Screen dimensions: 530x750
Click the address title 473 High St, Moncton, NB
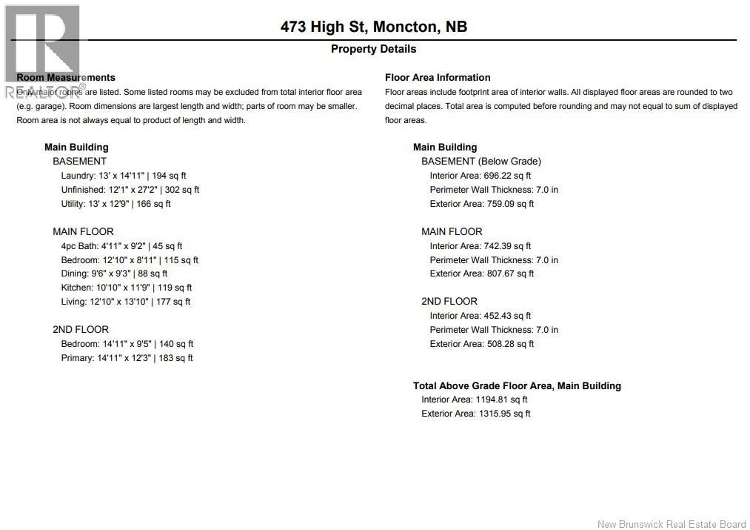click(x=374, y=27)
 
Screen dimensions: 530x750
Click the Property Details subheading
click(x=373, y=49)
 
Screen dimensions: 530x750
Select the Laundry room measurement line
click(x=124, y=176)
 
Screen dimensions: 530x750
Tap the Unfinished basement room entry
click(x=130, y=190)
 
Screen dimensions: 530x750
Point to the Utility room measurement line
click(x=115, y=204)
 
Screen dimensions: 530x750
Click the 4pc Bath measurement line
click(x=121, y=246)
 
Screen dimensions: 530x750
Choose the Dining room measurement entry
click(x=114, y=274)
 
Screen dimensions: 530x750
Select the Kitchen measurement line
click(x=126, y=288)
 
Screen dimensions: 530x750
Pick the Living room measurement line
click(x=125, y=302)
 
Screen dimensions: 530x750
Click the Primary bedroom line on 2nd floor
click(x=127, y=358)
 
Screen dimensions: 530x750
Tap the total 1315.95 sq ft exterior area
click(x=503, y=414)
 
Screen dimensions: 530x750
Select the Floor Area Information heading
click(x=438, y=77)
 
